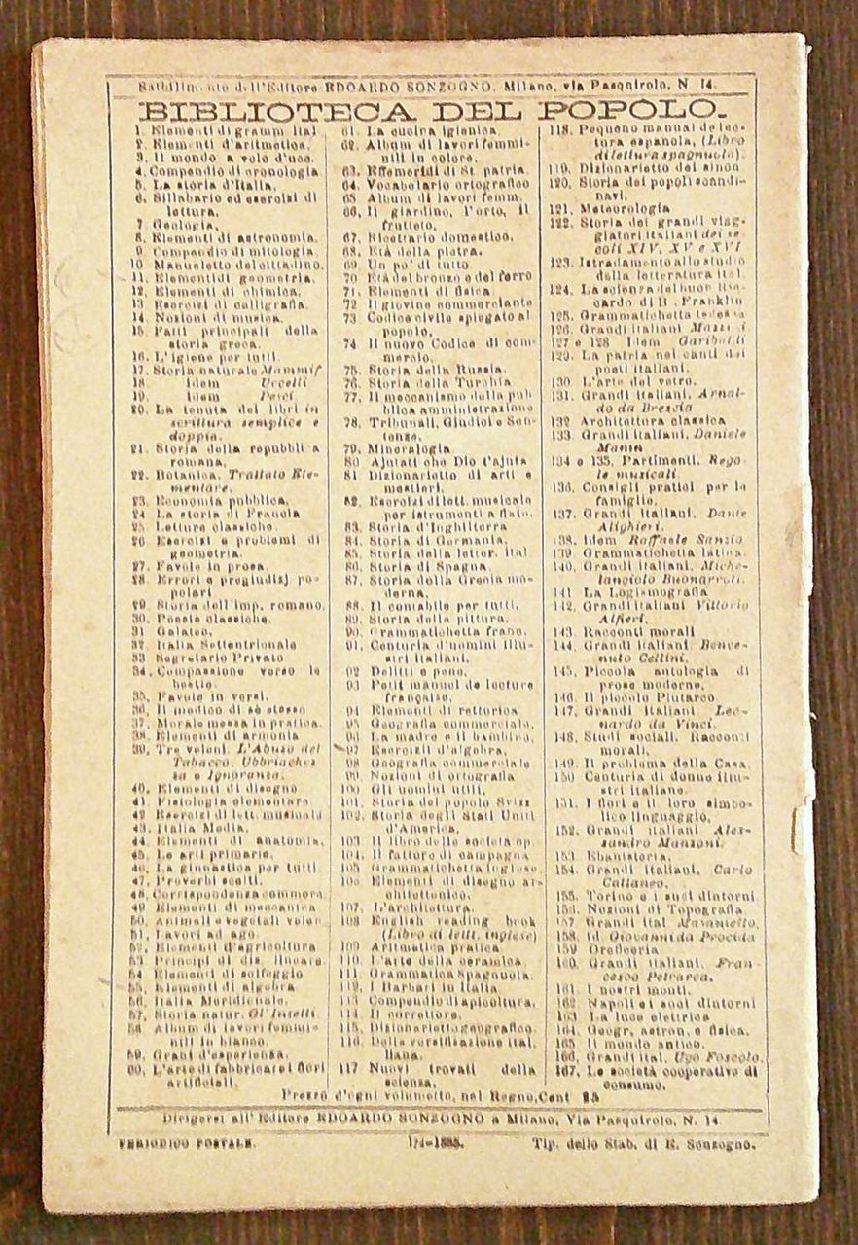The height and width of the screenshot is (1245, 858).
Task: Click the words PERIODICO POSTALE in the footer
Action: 174,1146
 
